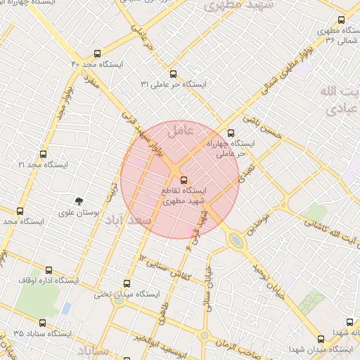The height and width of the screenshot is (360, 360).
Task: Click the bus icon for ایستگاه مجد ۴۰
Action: coord(97,53)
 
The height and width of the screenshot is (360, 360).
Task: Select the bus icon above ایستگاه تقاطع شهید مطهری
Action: coord(184,179)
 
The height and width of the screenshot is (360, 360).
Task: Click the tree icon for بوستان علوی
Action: coord(79,201)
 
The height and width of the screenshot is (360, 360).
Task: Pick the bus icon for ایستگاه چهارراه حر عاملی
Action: coord(232,133)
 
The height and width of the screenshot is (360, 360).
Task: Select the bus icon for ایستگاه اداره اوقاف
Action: coord(47,269)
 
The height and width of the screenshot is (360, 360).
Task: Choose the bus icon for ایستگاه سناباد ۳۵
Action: coord(43,323)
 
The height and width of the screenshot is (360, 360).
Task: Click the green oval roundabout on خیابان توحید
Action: coord(236,240)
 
